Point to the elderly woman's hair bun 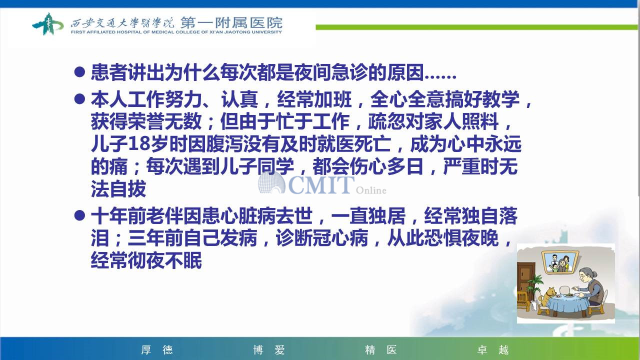point(595,274)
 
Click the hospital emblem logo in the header point(47,24)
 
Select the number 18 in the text point(139,144)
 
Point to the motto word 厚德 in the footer point(157,349)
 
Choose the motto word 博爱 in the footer point(269,349)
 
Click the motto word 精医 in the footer point(381,349)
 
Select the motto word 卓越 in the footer point(493,349)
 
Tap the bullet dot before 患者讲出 point(79,71)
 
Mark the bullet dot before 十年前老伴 point(79,215)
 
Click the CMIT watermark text point(321,185)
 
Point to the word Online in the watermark point(371,190)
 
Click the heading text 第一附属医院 point(231,22)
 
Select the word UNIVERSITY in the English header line point(266,32)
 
